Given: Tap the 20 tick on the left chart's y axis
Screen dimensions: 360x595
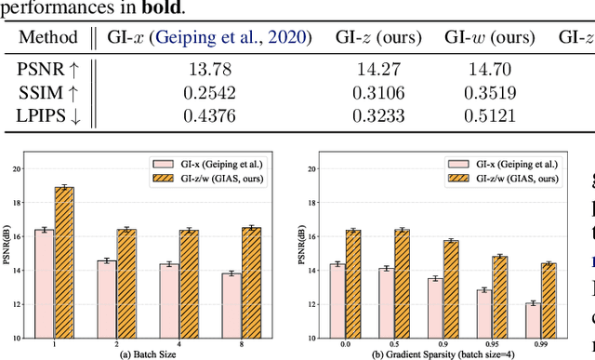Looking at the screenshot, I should [x=30, y=169].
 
